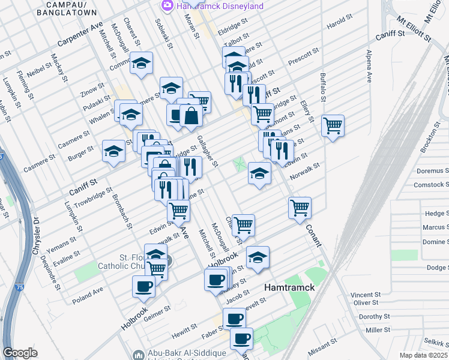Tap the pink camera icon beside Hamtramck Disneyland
(167, 6)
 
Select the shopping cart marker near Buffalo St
(333, 126)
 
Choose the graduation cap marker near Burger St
(113, 152)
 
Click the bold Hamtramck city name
(290, 288)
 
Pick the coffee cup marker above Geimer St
(143, 286)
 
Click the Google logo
(20, 353)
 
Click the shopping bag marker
(191, 116)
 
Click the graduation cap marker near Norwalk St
(259, 173)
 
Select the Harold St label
(339, 23)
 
